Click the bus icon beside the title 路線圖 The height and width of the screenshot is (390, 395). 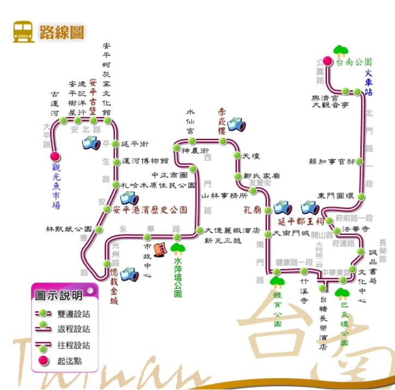[x=24, y=31]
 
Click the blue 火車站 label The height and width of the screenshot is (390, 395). [x=369, y=82]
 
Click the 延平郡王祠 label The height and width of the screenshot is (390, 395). [x=301, y=221]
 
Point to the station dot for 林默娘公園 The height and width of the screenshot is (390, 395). [x=99, y=229]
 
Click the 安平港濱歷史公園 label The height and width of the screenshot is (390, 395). [x=150, y=209]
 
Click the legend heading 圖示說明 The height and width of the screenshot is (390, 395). [x=59, y=296]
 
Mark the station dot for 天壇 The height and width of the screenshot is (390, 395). [x=237, y=155]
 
